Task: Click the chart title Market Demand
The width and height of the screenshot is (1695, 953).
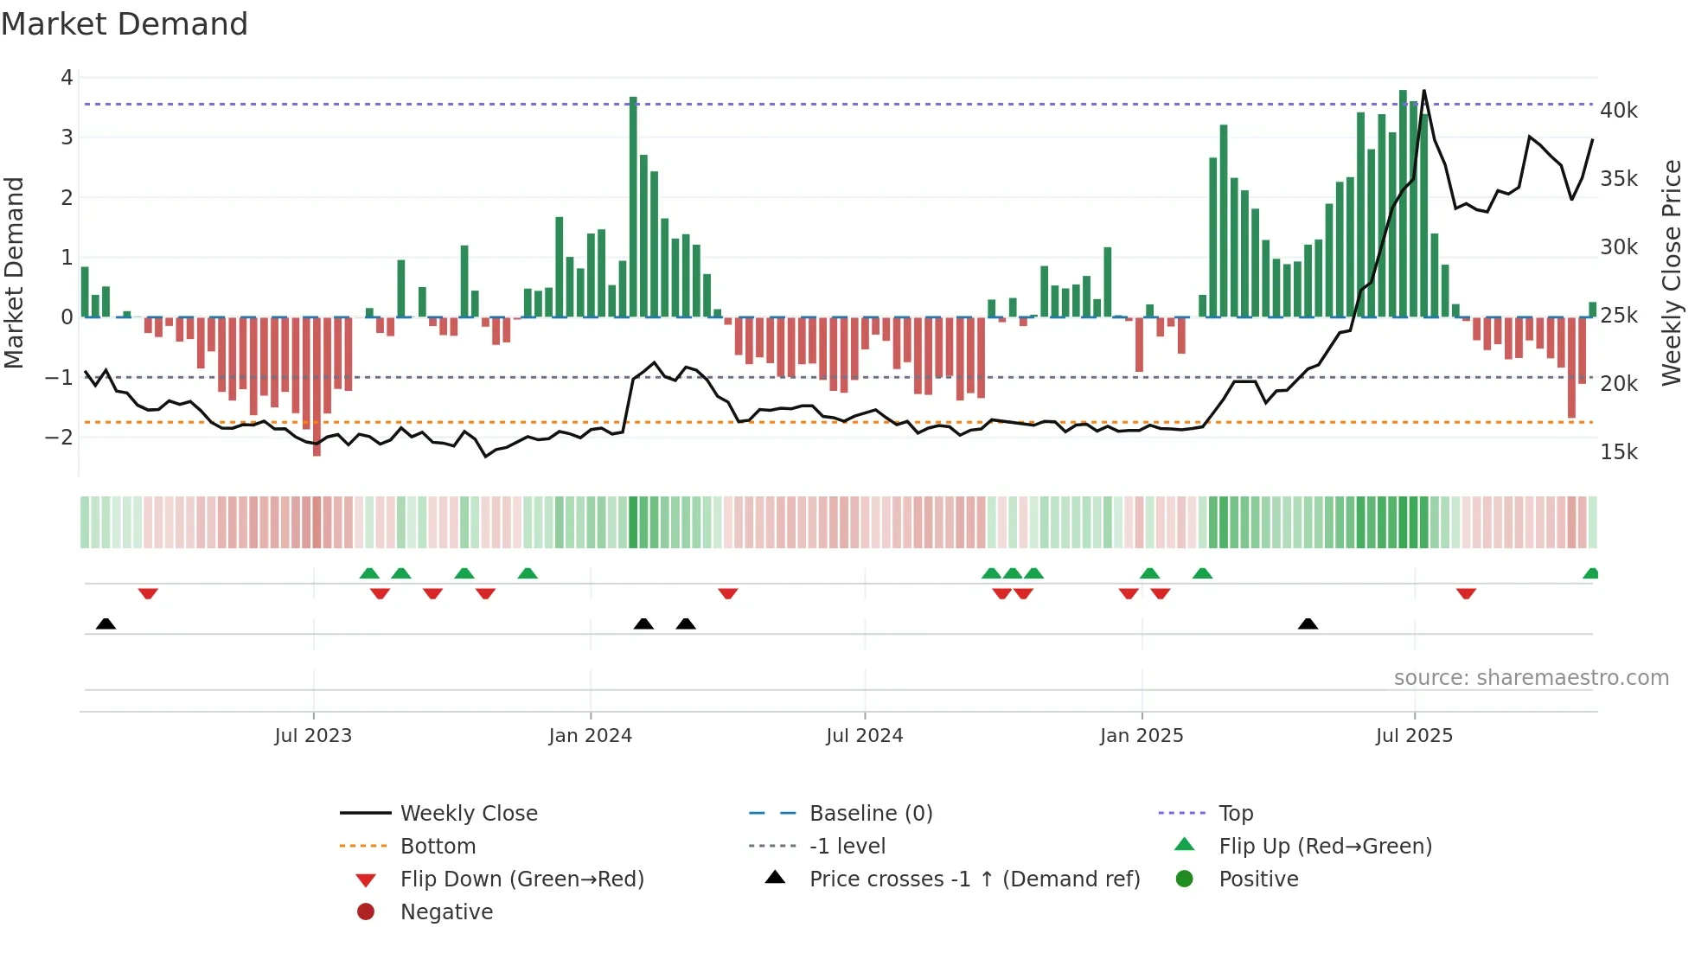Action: [125, 24]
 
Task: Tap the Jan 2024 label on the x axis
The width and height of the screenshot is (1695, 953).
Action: [590, 736]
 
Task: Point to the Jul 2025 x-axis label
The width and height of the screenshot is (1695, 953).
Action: [1414, 736]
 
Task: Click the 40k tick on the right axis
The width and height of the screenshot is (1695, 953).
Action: [1618, 111]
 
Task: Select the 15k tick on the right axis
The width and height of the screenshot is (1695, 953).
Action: [1618, 452]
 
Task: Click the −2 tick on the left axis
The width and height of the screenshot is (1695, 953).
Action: [59, 437]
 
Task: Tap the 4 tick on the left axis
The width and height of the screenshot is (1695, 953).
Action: [67, 78]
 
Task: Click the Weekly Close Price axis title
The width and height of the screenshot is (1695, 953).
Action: [1672, 272]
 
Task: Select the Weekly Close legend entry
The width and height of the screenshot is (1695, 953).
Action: [468, 813]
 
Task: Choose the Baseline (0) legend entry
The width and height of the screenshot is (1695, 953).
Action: [870, 813]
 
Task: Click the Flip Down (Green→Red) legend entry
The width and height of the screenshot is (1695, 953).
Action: [521, 879]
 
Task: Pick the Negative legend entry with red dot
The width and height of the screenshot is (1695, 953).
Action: [446, 911]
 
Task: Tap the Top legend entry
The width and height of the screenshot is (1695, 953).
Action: [1235, 813]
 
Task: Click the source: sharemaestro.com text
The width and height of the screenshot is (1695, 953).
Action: [1531, 678]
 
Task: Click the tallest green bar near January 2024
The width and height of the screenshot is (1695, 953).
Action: [633, 208]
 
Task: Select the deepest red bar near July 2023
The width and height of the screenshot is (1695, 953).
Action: [317, 387]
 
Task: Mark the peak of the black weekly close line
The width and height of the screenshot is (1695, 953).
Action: [1423, 91]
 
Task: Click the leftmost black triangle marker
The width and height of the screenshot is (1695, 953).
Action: [106, 624]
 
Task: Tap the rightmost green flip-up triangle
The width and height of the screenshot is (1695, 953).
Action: [1590, 573]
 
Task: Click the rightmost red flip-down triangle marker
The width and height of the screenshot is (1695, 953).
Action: [1466, 593]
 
